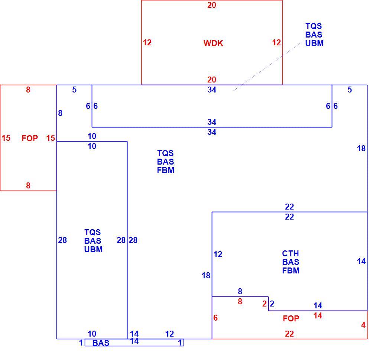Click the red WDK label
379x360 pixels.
click(213, 43)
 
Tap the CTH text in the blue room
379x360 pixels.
click(290, 253)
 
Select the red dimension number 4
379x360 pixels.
click(363, 325)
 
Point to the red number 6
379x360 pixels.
click(216, 318)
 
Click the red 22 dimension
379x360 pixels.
click(289, 334)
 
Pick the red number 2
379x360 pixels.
click(265, 304)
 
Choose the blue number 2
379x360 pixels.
click(272, 304)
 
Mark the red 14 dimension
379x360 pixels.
click(318, 315)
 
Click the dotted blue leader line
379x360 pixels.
click(268, 66)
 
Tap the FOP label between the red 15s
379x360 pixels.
click(30, 138)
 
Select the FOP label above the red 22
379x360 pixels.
click(291, 318)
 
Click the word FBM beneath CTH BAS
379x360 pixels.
click(291, 270)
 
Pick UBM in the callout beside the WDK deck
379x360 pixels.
click(314, 43)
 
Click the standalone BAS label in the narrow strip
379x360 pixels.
click(101, 343)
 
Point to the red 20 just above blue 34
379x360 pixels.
click(211, 80)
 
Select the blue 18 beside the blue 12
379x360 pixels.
click(206, 275)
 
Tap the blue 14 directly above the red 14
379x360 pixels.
click(318, 306)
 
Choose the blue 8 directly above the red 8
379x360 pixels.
click(240, 291)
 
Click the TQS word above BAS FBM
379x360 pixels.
click(165, 153)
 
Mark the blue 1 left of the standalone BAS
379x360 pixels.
click(81, 343)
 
